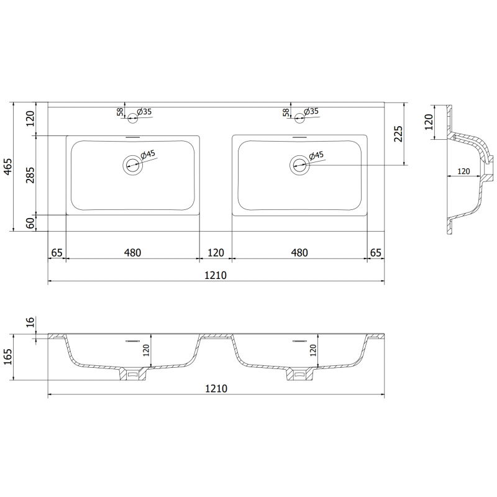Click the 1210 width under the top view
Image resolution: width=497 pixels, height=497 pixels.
pyautogui.click(x=216, y=275)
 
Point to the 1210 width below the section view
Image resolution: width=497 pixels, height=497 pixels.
pyautogui.click(x=216, y=388)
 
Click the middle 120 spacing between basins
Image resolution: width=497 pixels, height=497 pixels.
pyautogui.click(x=216, y=252)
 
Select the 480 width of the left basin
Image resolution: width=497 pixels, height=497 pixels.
pyautogui.click(x=132, y=252)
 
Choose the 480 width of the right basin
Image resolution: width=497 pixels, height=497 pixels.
pyautogui.click(x=299, y=252)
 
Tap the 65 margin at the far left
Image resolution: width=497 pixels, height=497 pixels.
pyautogui.click(x=57, y=252)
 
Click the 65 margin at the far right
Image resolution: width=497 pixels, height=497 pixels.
pyautogui.click(x=375, y=252)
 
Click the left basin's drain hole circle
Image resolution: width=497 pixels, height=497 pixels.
pyautogui.click(x=132, y=165)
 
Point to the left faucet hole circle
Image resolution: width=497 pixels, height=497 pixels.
pyautogui.click(x=132, y=114)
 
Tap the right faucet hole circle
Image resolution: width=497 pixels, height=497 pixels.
pyautogui.click(x=299, y=114)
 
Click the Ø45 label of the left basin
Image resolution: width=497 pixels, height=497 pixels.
pyautogui.click(x=148, y=154)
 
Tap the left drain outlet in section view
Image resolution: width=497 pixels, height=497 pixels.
pyautogui.click(x=132, y=375)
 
